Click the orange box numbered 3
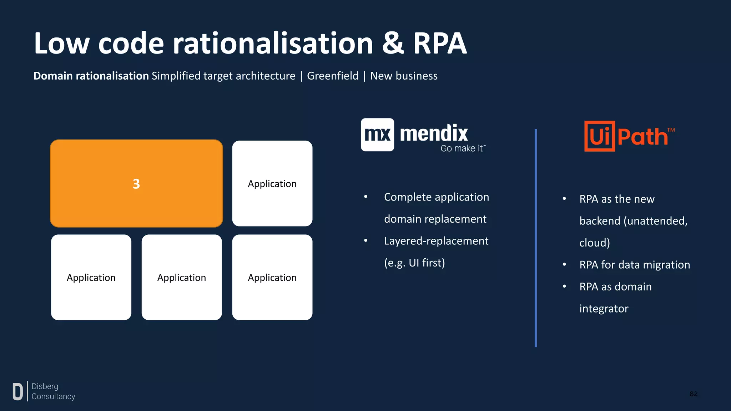(136, 183)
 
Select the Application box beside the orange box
(272, 183)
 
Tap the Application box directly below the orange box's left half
(91, 277)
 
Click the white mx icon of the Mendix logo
(377, 135)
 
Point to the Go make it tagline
(463, 148)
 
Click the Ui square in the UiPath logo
(599, 136)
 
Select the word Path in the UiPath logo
(642, 137)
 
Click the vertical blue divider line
(535, 238)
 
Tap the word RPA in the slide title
(440, 44)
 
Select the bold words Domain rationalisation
(91, 76)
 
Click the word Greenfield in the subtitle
(333, 76)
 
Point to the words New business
(404, 76)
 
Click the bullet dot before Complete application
(365, 197)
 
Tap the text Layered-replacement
(436, 241)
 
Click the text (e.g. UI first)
(414, 263)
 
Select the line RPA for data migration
(634, 265)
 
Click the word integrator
(604, 309)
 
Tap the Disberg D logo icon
(17, 391)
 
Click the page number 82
(693, 394)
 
